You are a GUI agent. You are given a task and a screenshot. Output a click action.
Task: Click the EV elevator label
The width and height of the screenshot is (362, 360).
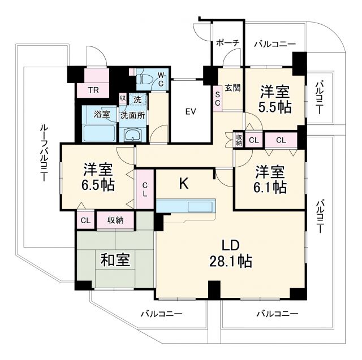pyautogui.click(x=191, y=111)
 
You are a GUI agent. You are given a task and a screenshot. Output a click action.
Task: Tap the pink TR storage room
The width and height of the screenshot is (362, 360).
pyautogui.click(x=93, y=89)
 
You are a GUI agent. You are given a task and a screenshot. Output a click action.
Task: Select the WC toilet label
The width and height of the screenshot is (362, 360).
pyautogui.click(x=161, y=79)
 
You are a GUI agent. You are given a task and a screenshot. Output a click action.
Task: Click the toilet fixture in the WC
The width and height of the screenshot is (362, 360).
pyautogui.click(x=145, y=79)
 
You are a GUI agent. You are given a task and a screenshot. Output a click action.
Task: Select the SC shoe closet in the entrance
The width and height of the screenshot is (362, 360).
pyautogui.click(x=217, y=98)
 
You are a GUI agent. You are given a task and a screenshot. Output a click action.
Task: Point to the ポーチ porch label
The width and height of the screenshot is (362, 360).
pyautogui.click(x=227, y=42)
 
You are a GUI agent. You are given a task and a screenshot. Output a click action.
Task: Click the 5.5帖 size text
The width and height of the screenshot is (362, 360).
pyautogui.click(x=275, y=106)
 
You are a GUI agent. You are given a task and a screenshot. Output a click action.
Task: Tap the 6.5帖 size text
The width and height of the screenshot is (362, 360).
pyautogui.click(x=97, y=185)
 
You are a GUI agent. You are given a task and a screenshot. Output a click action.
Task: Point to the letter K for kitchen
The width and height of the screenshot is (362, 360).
pyautogui.click(x=183, y=183)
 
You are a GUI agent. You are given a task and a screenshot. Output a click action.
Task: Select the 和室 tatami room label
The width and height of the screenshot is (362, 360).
pyautogui.click(x=115, y=260)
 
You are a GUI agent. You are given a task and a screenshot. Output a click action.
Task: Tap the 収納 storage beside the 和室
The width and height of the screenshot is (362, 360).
pyautogui.click(x=115, y=220)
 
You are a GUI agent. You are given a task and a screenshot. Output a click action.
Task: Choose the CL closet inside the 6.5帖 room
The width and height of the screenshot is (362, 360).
pyautogui.click(x=145, y=189)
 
